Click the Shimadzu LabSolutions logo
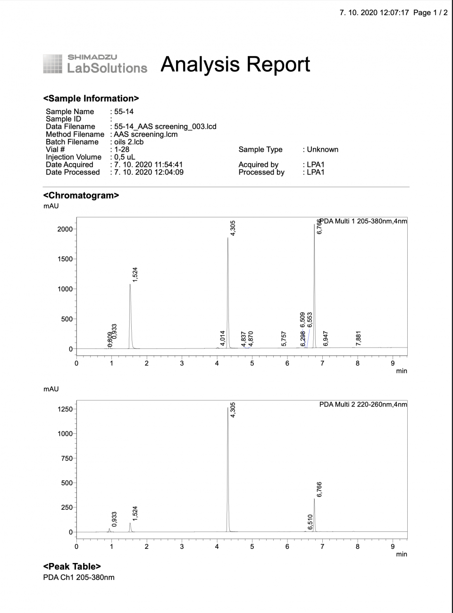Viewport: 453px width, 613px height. pyautogui.click(x=95, y=64)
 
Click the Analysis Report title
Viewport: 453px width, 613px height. pyautogui.click(x=235, y=64)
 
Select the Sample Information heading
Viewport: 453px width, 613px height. pyautogui.click(x=91, y=99)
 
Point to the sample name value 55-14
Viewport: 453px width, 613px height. pyautogui.click(x=124, y=112)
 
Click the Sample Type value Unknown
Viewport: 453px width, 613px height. pyautogui.click(x=322, y=149)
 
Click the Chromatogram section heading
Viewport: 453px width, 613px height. pyautogui.click(x=81, y=195)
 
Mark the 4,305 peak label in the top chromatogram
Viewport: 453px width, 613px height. pyautogui.click(x=233, y=228)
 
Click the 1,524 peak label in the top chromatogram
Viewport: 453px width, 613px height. pyautogui.click(x=135, y=274)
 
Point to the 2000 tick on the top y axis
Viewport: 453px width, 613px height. pyautogui.click(x=65, y=229)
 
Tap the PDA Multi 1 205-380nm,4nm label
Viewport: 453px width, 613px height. pyautogui.click(x=363, y=221)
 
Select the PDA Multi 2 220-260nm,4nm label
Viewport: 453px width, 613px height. pyautogui.click(x=363, y=404)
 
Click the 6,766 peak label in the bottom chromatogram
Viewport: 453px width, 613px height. pyautogui.click(x=319, y=489)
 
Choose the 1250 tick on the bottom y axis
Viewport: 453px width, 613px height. pyautogui.click(x=65, y=409)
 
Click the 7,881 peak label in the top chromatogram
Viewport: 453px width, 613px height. pyautogui.click(x=358, y=339)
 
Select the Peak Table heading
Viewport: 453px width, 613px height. pyautogui.click(x=72, y=567)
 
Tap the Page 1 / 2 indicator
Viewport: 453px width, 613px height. pyautogui.click(x=430, y=13)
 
